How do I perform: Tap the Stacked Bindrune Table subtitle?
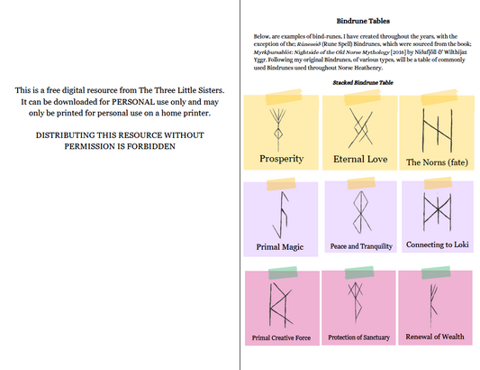point(360,82)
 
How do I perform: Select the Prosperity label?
point(281,159)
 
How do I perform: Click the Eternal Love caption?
point(360,159)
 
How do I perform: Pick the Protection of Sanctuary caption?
point(359,337)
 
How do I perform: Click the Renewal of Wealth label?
point(437,336)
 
